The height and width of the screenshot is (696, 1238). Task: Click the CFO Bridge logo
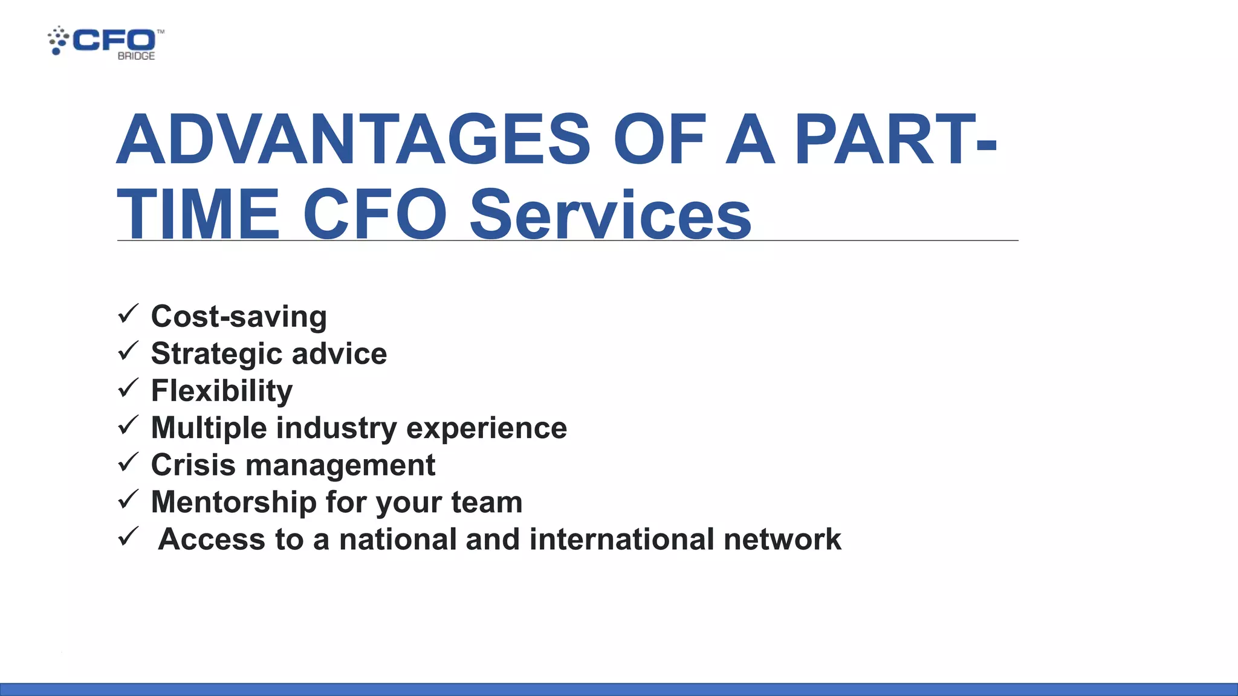tap(106, 42)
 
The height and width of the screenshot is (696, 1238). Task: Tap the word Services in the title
tap(610, 214)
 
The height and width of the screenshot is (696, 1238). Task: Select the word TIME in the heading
tap(198, 214)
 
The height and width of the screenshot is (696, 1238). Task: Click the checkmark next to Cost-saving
tap(128, 314)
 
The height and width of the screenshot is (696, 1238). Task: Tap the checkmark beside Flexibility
tap(128, 388)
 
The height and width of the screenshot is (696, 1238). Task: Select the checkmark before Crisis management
tap(128, 463)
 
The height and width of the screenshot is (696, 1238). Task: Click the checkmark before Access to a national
tap(128, 536)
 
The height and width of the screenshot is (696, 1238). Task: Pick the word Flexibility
tap(222, 391)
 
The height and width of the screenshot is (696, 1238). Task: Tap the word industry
tap(337, 428)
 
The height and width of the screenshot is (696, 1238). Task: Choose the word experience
tap(487, 428)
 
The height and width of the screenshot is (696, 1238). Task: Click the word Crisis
tap(193, 465)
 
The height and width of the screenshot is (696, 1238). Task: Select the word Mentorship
tap(233, 503)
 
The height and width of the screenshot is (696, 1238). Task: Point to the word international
tap(621, 540)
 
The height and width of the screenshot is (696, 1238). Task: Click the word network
tap(782, 540)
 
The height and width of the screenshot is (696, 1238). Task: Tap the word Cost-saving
tap(239, 317)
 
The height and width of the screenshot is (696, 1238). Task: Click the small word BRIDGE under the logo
tap(136, 56)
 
